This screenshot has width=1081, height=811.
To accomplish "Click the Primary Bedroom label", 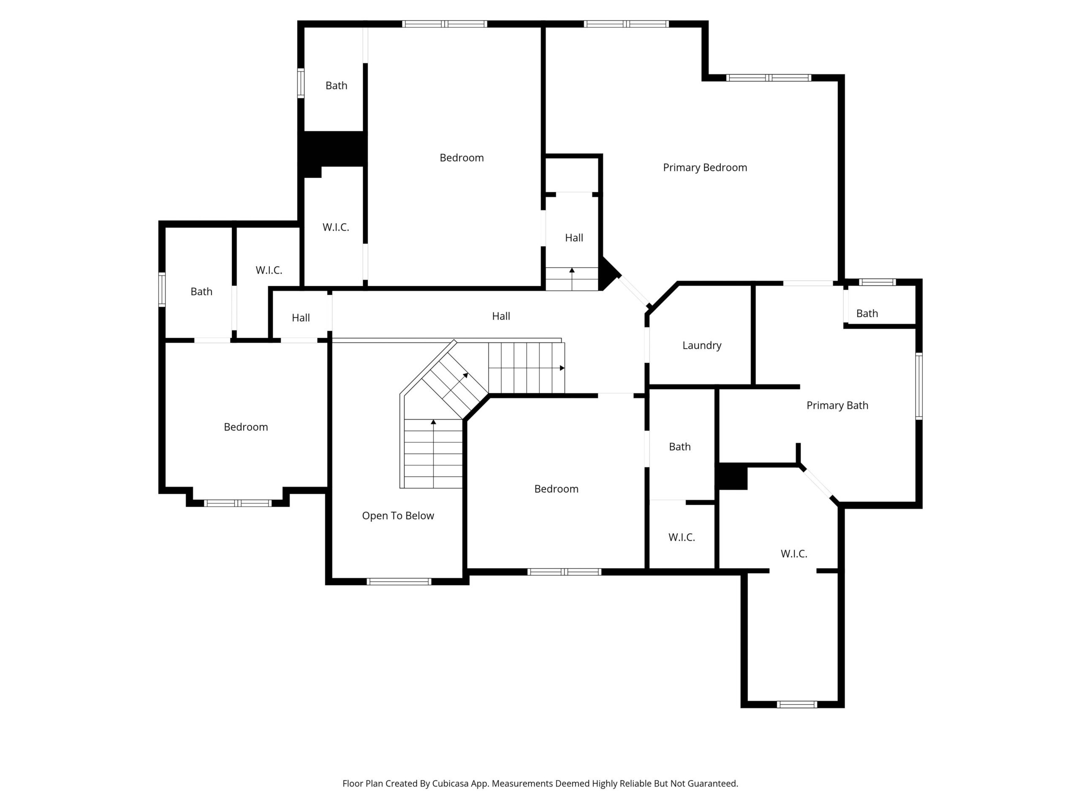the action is point(705,168).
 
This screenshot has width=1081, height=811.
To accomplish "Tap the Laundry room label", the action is point(702,346).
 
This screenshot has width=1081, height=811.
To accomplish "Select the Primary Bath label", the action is point(837,405).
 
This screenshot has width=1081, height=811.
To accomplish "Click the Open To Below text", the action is point(398,516).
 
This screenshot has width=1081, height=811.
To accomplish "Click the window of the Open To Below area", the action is point(399,582).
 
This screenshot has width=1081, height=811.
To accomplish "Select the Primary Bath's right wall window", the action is point(919,386).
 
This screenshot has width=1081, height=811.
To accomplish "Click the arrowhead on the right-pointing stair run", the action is point(562,367).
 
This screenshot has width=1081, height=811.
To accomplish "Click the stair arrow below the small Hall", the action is point(572,279).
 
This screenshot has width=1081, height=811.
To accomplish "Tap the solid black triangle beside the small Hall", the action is point(610,274).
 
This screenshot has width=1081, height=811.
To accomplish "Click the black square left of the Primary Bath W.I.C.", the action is point(732,476).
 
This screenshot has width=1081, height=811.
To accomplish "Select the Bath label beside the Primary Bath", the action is point(867,314).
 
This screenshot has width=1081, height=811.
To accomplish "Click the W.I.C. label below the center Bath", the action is point(682,537).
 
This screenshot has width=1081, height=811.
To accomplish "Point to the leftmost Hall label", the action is point(301,318).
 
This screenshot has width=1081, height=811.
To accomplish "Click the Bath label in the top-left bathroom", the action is point(336,86).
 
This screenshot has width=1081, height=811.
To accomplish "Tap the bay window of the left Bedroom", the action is point(237,503).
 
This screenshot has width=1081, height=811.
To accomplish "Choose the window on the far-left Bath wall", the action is point(162,289).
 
